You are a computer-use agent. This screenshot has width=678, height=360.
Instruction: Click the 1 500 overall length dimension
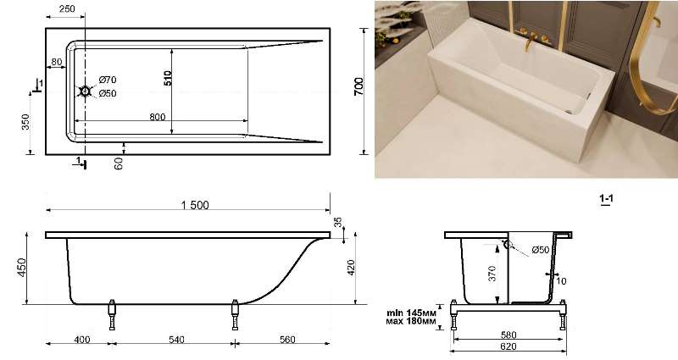pyautogui.click(x=195, y=205)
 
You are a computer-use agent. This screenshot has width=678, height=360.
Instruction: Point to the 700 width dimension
pyautogui.click(x=358, y=87)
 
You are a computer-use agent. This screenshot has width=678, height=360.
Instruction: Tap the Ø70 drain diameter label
pyautogui.click(x=108, y=80)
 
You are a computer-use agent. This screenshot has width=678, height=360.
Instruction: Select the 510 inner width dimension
pyautogui.click(x=168, y=78)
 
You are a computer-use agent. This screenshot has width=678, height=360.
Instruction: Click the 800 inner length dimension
pyautogui.click(x=158, y=117)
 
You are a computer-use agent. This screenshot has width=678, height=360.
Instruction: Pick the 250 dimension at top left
pyautogui.click(x=67, y=8)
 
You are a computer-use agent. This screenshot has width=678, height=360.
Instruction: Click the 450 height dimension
pyautogui.click(x=22, y=268)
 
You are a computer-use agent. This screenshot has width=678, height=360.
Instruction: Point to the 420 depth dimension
pyautogui.click(x=351, y=268)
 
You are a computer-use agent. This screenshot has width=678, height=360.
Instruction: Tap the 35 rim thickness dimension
pyautogui.click(x=337, y=223)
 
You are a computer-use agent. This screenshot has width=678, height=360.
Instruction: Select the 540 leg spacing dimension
pyautogui.click(x=176, y=340)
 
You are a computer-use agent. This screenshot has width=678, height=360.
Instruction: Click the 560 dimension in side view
pyautogui.click(x=287, y=340)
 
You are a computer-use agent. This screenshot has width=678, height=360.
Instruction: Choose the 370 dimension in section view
pyautogui.click(x=492, y=274)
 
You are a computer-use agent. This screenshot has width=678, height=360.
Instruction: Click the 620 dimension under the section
pyautogui.click(x=508, y=346)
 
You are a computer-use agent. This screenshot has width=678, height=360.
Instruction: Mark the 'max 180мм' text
pyautogui.click(x=411, y=322)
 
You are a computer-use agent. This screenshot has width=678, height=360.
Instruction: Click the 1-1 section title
pyautogui.click(x=606, y=199)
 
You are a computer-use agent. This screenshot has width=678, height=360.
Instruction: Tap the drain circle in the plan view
pyautogui.click(x=86, y=91)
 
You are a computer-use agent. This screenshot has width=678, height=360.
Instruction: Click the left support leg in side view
pyautogui.click(x=112, y=314)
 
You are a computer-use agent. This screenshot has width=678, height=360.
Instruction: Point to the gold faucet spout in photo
pyautogui.click(x=528, y=42)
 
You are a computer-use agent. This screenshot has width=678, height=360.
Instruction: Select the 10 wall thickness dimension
pyautogui.click(x=561, y=281)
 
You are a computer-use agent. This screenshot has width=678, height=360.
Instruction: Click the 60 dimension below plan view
pyautogui.click(x=119, y=163)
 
